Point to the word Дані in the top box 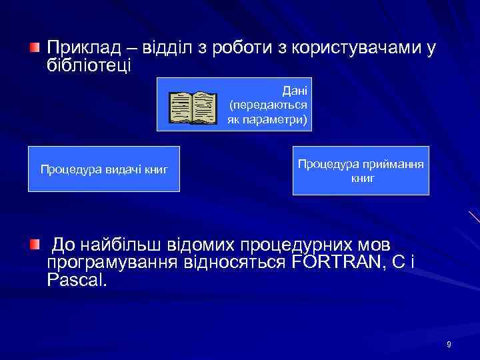(x=295, y=90)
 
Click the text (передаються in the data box (x=268, y=105)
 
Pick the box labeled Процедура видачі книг (x=104, y=169)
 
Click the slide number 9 (x=449, y=344)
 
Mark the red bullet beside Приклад (x=35, y=48)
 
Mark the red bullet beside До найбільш (x=35, y=244)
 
